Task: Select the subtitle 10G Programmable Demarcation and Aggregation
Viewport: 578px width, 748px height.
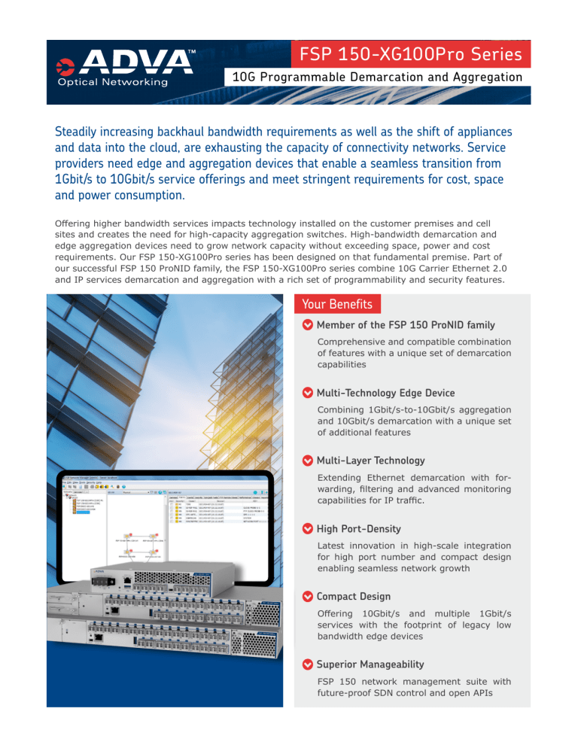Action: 377,77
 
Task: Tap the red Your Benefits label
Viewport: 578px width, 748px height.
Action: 337,304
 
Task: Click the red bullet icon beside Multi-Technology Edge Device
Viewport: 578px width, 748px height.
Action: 307,393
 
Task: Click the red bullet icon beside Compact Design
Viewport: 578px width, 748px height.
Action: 307,597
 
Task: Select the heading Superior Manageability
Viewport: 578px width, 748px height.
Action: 370,664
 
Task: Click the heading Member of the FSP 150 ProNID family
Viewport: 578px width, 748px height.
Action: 406,325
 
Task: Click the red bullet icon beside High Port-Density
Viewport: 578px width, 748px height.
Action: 307,529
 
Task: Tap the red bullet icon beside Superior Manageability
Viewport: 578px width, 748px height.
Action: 307,664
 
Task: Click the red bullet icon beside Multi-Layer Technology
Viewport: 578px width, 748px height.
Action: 307,461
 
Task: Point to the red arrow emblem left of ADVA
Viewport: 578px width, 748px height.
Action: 65,63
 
